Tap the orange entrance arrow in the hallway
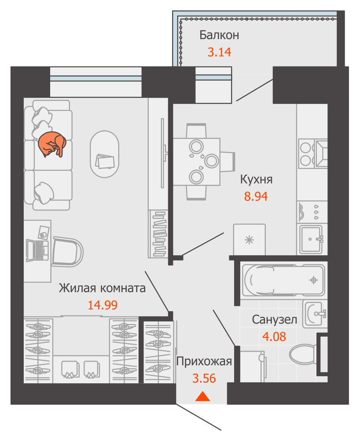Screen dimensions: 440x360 [x=202, y=396]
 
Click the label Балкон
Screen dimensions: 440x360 [x=219, y=35]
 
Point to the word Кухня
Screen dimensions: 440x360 [x=256, y=180]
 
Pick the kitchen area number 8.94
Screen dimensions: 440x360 [x=256, y=196]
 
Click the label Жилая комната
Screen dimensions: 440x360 [x=102, y=288]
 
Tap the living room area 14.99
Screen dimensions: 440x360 [x=103, y=305]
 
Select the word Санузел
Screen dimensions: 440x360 [x=275, y=320]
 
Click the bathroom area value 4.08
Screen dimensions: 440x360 [x=274, y=337]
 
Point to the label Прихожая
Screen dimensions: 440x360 [x=204, y=362]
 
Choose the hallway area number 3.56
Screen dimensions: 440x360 [x=204, y=378]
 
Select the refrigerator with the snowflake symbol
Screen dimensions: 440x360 [x=249, y=239]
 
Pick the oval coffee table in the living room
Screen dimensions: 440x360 [x=105, y=154]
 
